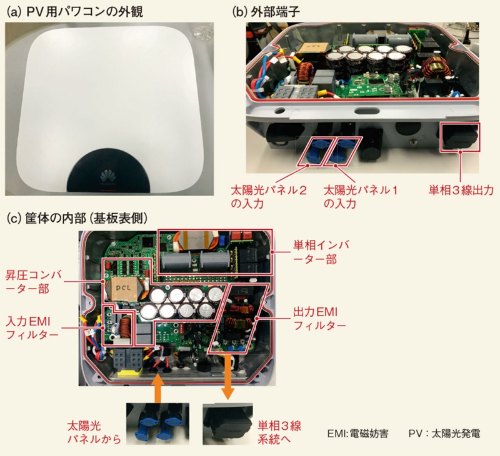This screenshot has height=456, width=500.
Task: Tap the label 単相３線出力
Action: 461,191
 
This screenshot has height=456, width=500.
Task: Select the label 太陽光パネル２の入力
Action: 269,197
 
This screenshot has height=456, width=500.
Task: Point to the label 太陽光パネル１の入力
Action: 361,197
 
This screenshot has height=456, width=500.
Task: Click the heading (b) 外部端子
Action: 266,11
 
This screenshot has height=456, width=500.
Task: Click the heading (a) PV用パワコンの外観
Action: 75,11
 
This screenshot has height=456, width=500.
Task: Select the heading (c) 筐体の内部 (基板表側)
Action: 77,219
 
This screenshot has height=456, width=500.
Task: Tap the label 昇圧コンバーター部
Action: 34,282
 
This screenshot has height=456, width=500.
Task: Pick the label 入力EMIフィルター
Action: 32,328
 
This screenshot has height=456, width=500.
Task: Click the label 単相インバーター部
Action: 321,252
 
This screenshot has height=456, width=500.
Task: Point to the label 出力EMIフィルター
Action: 319,319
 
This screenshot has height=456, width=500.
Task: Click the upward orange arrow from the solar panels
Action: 159,388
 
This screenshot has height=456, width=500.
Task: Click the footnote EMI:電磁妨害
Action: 357,434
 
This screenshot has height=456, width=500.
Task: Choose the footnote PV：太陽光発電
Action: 444,434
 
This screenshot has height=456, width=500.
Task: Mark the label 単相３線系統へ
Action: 279,432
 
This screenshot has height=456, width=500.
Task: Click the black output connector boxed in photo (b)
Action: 459,136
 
